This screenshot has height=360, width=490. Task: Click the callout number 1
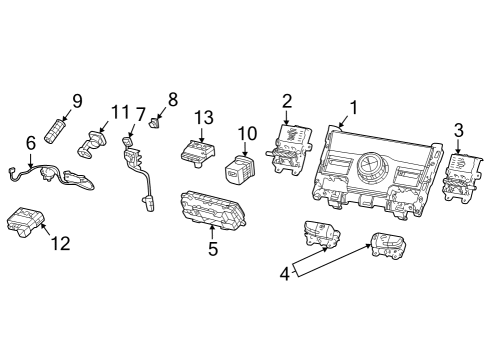tap(351, 107)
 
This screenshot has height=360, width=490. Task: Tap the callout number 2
tap(287, 100)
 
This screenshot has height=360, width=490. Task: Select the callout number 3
tap(458, 130)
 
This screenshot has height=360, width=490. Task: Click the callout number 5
tap(212, 248)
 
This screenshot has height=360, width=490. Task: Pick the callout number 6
tap(30, 143)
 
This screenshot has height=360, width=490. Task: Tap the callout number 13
tap(203, 117)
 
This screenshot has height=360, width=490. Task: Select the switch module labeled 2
tap(289, 146)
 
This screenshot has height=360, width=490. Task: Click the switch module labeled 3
tap(460, 176)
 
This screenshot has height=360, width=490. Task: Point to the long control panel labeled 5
tap(212, 210)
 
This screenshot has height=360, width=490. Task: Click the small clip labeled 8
tap(155, 125)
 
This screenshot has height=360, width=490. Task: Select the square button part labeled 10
tap(240, 172)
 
